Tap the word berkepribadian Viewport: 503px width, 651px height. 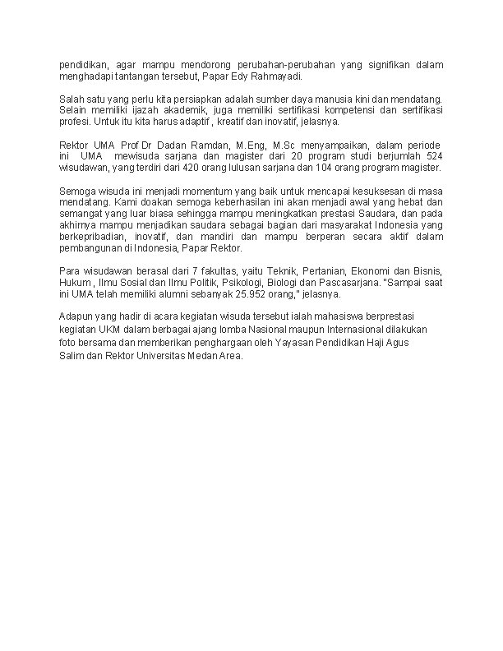pyautogui.click(x=94, y=237)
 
